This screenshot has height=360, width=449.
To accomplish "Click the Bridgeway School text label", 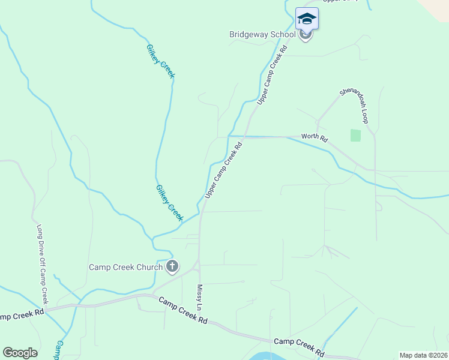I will click(x=262, y=34).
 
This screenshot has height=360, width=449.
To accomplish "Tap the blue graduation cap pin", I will click(x=307, y=19).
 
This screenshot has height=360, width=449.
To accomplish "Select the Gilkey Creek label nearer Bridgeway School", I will click(x=160, y=61).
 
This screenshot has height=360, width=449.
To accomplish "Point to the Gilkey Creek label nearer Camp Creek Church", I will click(x=169, y=203).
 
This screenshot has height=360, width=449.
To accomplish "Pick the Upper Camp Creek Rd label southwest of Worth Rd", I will click(x=223, y=170).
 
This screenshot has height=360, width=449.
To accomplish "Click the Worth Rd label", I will click(x=315, y=138).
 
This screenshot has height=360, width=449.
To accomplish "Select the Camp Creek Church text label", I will click(x=125, y=268).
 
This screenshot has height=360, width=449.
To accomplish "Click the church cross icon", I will click(x=172, y=266).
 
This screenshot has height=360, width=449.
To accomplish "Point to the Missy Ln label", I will click(x=200, y=297).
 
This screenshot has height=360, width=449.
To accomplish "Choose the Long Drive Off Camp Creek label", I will click(x=41, y=264).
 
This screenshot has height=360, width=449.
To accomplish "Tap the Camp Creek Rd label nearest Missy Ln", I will click(x=183, y=311).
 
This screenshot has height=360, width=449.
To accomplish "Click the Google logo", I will click(x=20, y=353).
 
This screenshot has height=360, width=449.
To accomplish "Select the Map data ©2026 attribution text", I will click(x=423, y=355).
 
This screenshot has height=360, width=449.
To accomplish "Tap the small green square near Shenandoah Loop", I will click(x=355, y=136).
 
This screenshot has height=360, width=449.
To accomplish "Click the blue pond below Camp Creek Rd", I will click(x=267, y=356).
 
